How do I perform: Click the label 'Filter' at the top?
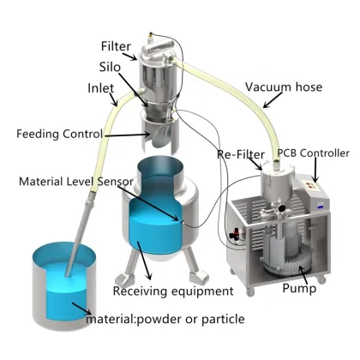[116, 45]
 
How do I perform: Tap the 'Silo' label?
[109, 66]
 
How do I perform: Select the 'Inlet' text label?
[102, 88]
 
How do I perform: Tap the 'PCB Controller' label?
[314, 153]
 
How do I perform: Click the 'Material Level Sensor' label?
[64, 182]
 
